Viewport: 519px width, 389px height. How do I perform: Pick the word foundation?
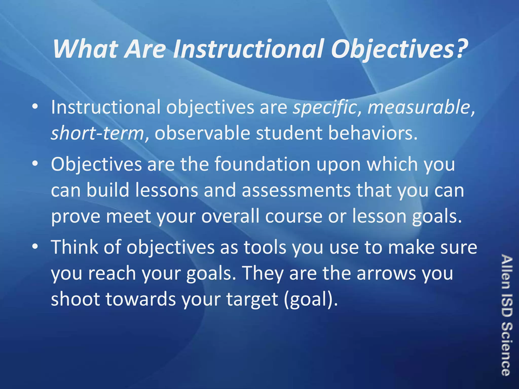pyautogui.click(x=263, y=164)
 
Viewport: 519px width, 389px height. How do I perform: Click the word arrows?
pyautogui.click(x=386, y=274)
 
